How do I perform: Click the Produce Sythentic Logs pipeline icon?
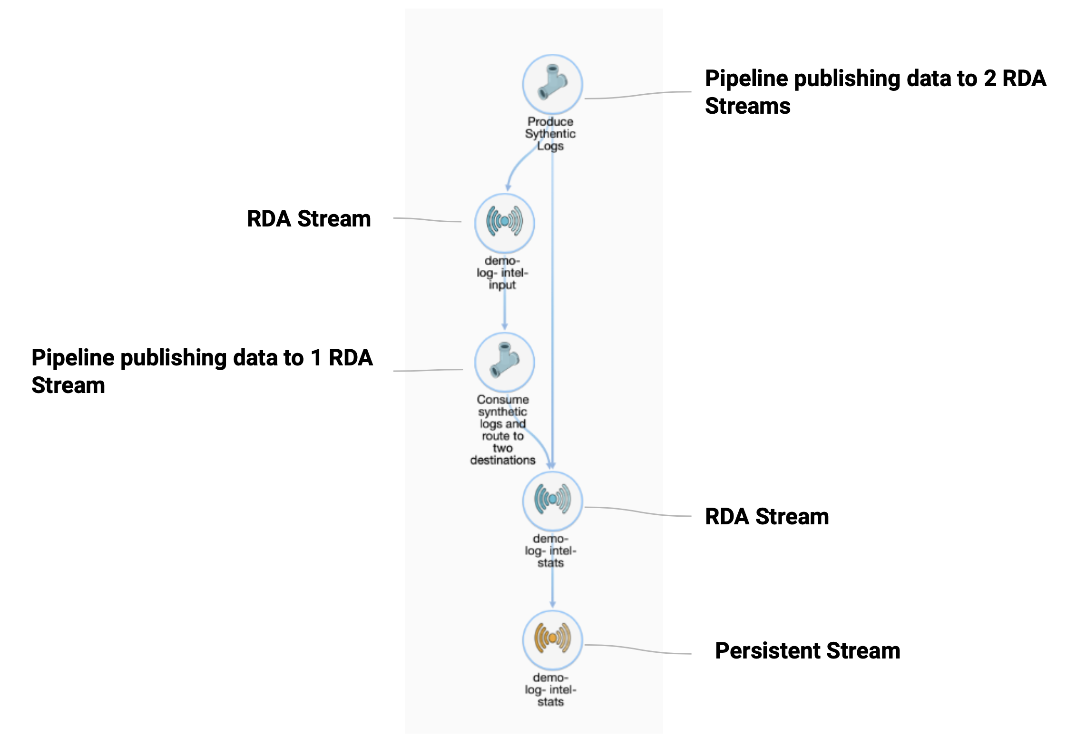pyautogui.click(x=552, y=84)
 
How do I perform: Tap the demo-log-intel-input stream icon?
pyautogui.click(x=504, y=223)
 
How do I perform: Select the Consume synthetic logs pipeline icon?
pyautogui.click(x=504, y=362)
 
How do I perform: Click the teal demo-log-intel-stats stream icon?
pyautogui.click(x=552, y=501)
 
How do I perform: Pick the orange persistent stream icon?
pyautogui.click(x=552, y=639)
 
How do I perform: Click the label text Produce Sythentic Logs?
pyautogui.click(x=550, y=134)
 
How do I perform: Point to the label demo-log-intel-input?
pyautogui.click(x=502, y=273)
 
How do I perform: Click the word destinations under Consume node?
pyautogui.click(x=502, y=460)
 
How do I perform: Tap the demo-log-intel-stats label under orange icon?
pyautogui.click(x=550, y=689)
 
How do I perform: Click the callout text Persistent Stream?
pyautogui.click(x=807, y=650)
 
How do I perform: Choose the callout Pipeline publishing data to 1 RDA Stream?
pyautogui.click(x=202, y=371)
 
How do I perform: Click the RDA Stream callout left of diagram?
pyautogui.click(x=309, y=219)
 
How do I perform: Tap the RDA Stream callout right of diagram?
pyautogui.click(x=766, y=516)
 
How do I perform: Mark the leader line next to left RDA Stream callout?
pyautogui.click(x=427, y=220)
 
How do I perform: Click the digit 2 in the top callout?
pyautogui.click(x=990, y=79)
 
